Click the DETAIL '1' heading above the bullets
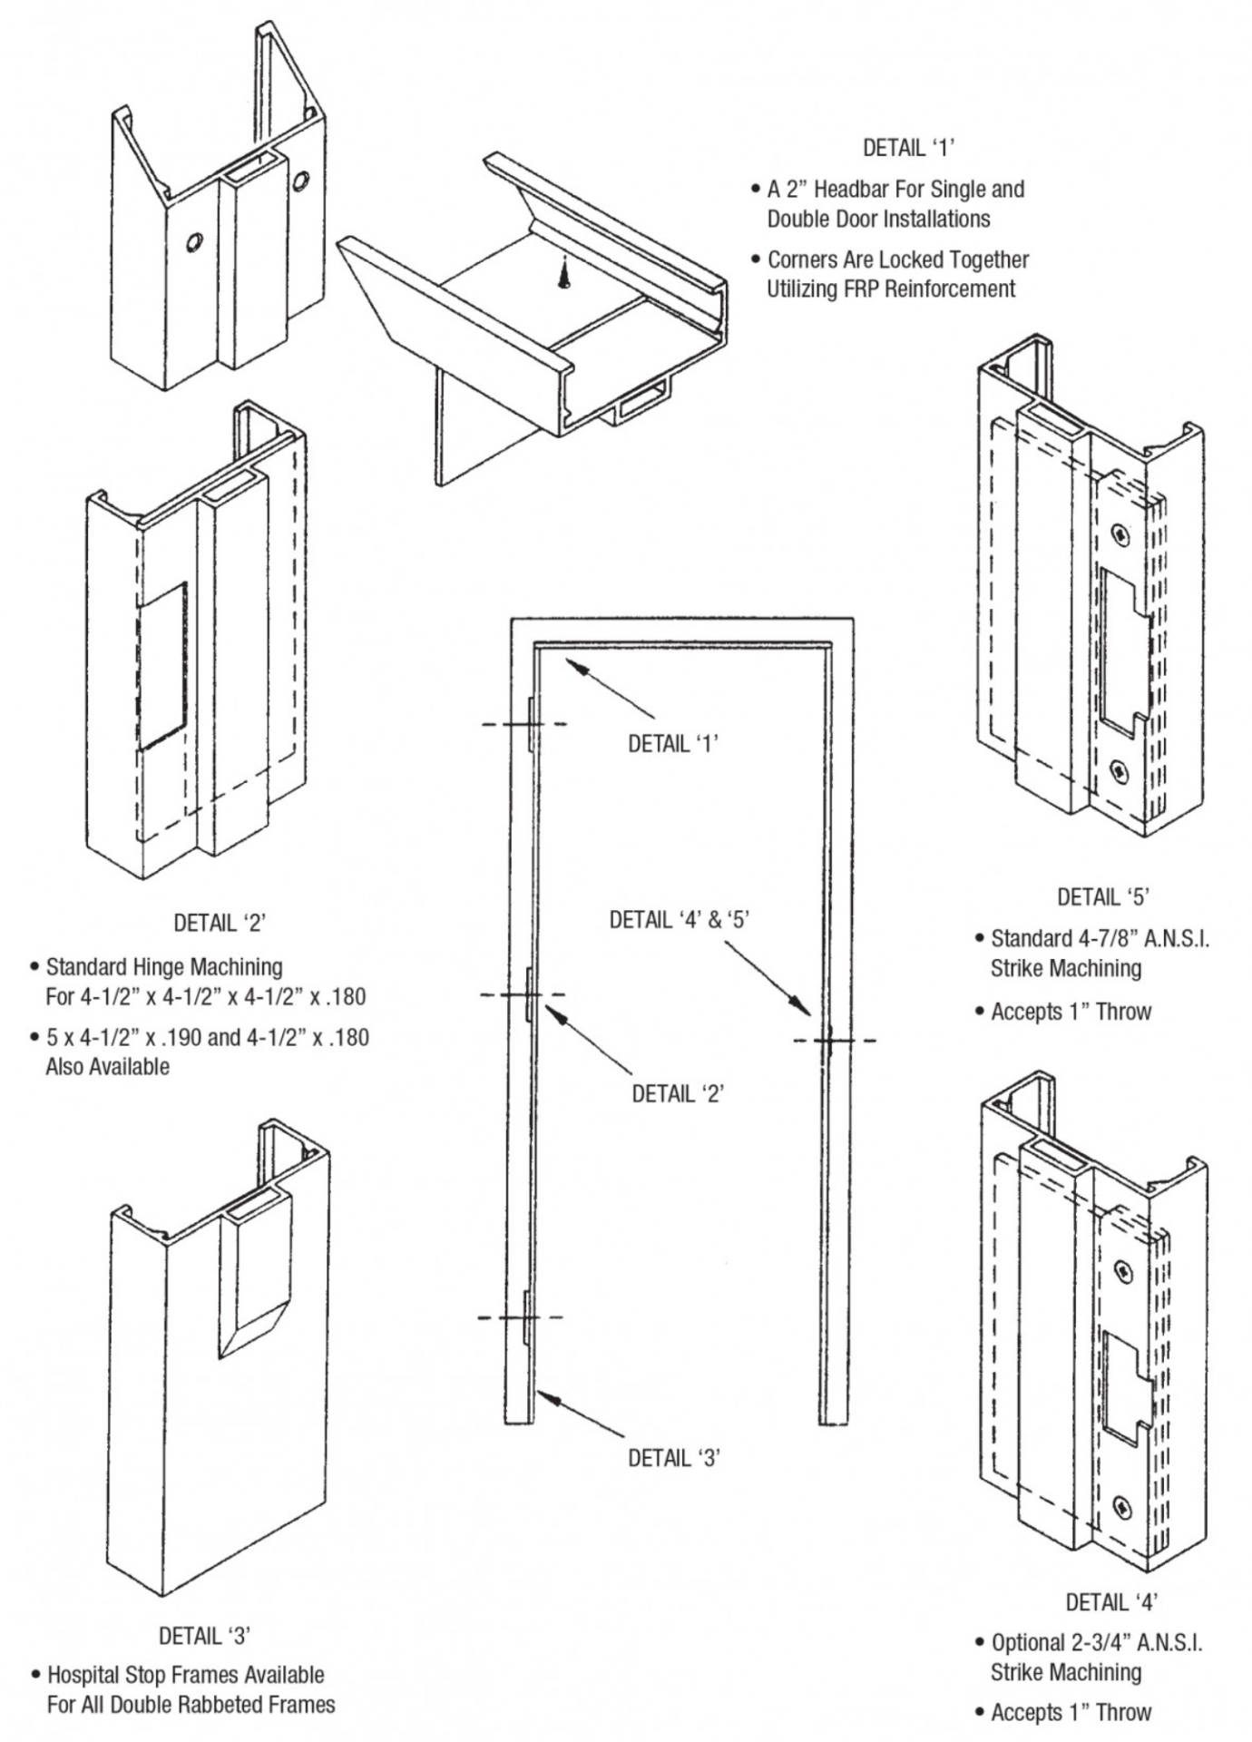pyautogui.click(x=909, y=147)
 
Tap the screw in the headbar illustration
pyautogui.click(x=563, y=272)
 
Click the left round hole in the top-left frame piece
pyautogui.click(x=193, y=242)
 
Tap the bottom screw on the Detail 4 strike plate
pyautogui.click(x=1123, y=1510)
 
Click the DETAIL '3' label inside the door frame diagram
pyautogui.click(x=674, y=1457)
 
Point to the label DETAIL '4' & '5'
pyautogui.click(x=679, y=919)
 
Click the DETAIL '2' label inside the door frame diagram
pyautogui.click(x=677, y=1093)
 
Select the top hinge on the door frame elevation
pyautogui.click(x=529, y=723)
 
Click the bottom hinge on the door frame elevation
pyautogui.click(x=525, y=1316)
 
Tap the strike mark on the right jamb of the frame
pyautogui.click(x=829, y=1040)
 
